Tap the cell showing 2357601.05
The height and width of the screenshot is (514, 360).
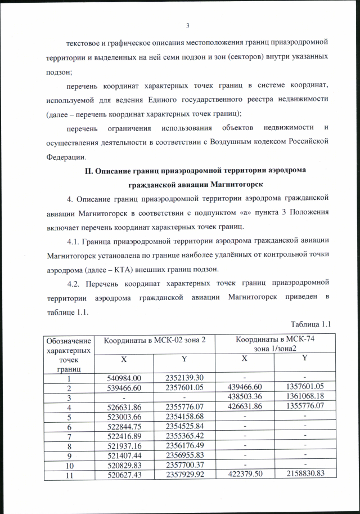coord(184,388)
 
